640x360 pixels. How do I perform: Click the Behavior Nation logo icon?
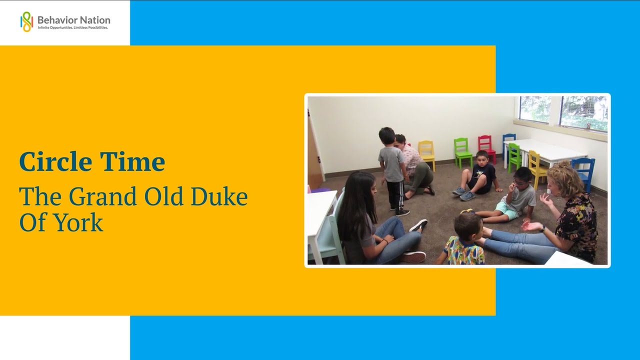pyautogui.click(x=26, y=21)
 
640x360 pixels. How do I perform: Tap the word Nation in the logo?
pyautogui.click(x=93, y=20)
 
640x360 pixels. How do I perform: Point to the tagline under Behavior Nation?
pyautogui.click(x=72, y=28)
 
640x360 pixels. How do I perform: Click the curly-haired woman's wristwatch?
pyautogui.click(x=542, y=228)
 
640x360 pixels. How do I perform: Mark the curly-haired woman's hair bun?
pyautogui.click(x=563, y=164)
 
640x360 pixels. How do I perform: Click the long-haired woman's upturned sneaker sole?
pyautogui.click(x=419, y=225)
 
